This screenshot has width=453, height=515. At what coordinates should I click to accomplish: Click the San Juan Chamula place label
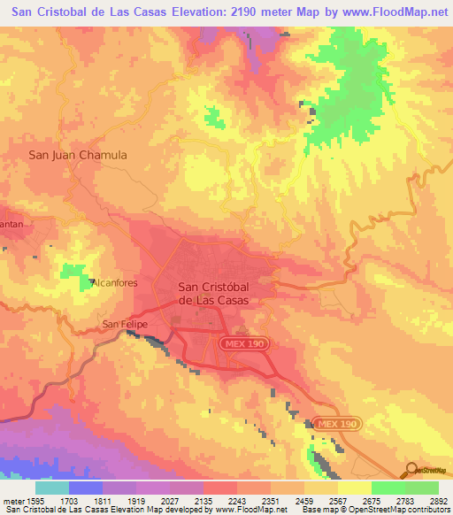pos(78,155)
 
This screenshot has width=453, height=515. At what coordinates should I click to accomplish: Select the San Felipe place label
pos(122,324)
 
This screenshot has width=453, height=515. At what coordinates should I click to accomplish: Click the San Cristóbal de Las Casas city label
pos(213,293)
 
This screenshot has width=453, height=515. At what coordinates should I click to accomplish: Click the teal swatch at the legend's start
pos(52,488)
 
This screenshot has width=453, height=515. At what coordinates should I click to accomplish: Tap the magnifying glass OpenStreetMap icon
pos(410,470)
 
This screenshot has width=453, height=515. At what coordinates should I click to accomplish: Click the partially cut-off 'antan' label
pos(12,224)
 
